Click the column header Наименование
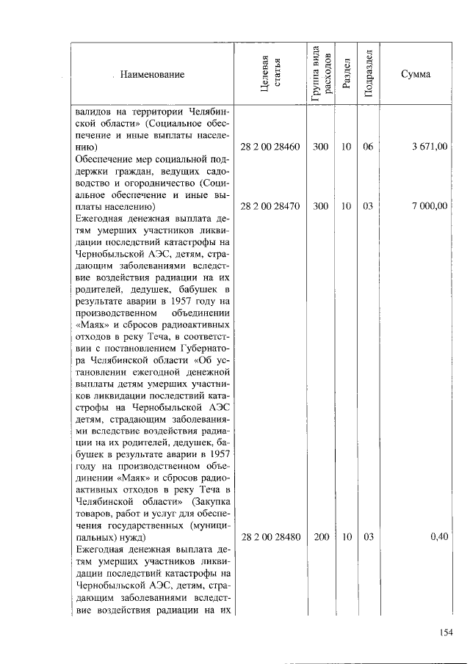tap(153, 75)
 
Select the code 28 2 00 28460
tap(270, 147)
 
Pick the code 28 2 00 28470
tap(270, 206)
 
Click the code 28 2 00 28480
tap(270, 537)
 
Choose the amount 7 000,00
tap(430, 206)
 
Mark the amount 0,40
tap(438, 537)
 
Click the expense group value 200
tap(321, 537)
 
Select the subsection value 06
tap(368, 147)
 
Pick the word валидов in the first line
tap(93, 112)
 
